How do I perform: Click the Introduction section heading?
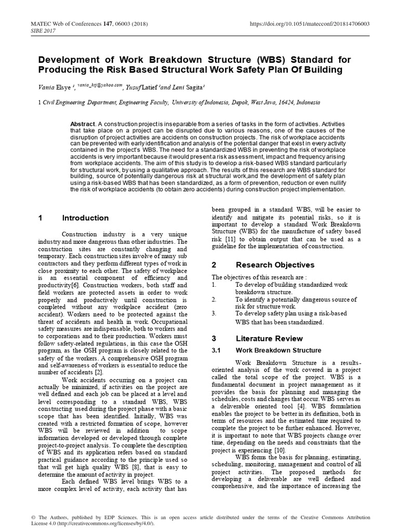pyautogui.click(x=85, y=218)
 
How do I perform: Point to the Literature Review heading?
pyautogui.click(x=268, y=338)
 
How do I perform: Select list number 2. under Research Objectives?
pyautogui.click(x=214, y=300)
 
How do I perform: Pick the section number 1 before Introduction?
pyautogui.click(x=39, y=218)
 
